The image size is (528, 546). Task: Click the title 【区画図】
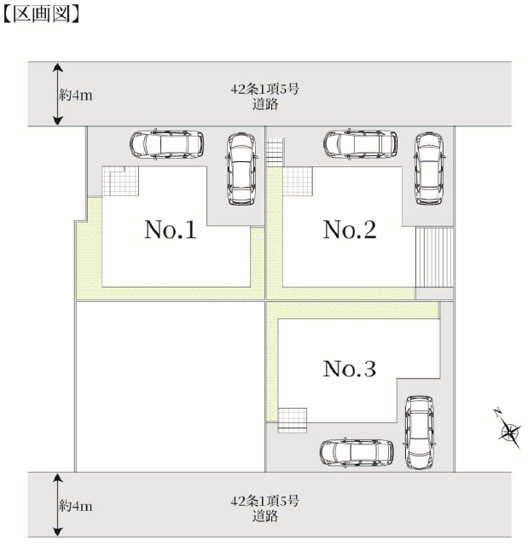pyautogui.click(x=42, y=15)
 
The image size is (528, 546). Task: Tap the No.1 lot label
pyautogui.click(x=171, y=229)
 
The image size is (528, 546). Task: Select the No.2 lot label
pyautogui.click(x=350, y=229)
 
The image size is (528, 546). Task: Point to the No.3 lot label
pyautogui.click(x=350, y=369)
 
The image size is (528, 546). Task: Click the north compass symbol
pyautogui.click(x=509, y=430)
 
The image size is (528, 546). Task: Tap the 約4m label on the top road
pyautogui.click(x=76, y=95)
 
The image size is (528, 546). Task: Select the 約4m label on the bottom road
pyautogui.click(x=76, y=506)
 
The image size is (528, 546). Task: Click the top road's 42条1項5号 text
pyautogui.click(x=264, y=89)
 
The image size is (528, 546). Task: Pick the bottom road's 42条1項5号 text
pyautogui.click(x=264, y=501)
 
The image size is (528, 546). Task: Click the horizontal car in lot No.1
pyautogui.click(x=166, y=144)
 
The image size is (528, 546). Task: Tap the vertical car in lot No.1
pyautogui.click(x=241, y=169)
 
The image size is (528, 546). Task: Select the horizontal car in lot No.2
pyautogui.click(x=360, y=144)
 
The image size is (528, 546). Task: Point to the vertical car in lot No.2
pyautogui.click(x=429, y=169)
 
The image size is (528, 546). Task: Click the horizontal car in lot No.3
pyautogui.click(x=357, y=453)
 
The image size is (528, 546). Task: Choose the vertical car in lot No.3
pyautogui.click(x=420, y=433)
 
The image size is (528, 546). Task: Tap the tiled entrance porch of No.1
pyautogui.click(x=120, y=181)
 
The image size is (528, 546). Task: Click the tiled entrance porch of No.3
pyautogui.click(x=293, y=421)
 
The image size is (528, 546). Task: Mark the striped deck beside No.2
pyautogui.click(x=435, y=258)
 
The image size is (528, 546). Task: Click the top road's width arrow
pyautogui.click(x=58, y=94)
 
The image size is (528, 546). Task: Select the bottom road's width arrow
pyautogui.click(x=58, y=505)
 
